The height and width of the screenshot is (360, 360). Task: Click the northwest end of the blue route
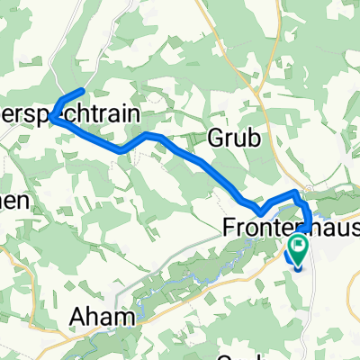coord(82,91)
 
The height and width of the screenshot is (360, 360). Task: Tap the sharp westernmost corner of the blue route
coord(53,117)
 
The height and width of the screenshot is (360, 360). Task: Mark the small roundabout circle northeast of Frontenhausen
coord(308,190)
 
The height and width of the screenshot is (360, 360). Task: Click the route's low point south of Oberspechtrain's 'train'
coord(123,149)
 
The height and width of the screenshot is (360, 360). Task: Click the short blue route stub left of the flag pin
coord(291,256)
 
